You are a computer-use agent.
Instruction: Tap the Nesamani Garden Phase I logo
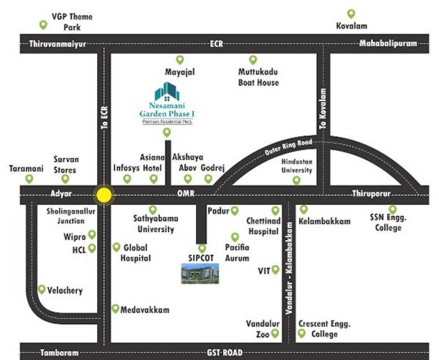click(x=168, y=103)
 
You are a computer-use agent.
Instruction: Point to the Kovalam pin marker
click(x=351, y=14)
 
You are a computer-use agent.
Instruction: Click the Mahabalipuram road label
click(x=387, y=44)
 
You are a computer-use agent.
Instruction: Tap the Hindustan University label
click(x=291, y=165)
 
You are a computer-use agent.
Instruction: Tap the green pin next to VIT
click(x=276, y=270)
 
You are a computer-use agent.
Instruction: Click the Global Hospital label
click(x=136, y=252)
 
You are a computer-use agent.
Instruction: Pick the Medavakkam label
click(x=145, y=310)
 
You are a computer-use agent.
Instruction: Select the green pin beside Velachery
click(x=43, y=290)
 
